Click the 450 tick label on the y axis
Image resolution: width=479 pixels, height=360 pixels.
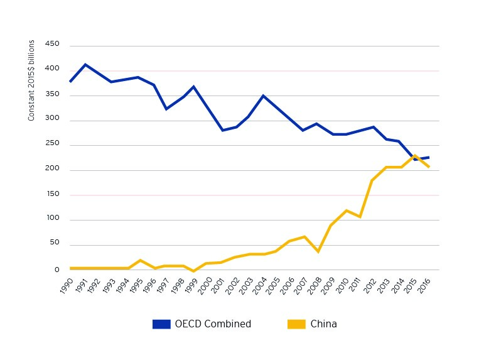(x=52, y=44)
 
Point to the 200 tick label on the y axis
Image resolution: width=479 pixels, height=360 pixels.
(x=52, y=168)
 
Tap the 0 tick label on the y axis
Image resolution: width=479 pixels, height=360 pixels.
(x=57, y=269)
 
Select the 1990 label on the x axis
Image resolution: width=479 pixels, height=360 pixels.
(x=65, y=285)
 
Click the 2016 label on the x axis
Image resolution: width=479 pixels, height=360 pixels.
(x=424, y=285)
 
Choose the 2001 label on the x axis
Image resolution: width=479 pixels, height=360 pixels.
(x=217, y=285)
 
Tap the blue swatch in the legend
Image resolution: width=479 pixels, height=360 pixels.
(x=161, y=324)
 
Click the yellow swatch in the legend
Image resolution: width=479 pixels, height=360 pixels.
(x=296, y=324)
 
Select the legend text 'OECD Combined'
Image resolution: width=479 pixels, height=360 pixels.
(x=213, y=324)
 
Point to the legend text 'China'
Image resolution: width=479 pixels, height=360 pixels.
(x=323, y=324)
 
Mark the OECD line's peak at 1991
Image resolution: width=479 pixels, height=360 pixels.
(x=85, y=64)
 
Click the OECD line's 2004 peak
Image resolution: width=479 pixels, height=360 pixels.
(x=264, y=95)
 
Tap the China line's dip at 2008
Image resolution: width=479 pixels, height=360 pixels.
(x=318, y=251)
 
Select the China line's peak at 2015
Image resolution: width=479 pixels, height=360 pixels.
(x=415, y=155)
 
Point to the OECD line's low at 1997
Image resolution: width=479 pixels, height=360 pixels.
(x=166, y=109)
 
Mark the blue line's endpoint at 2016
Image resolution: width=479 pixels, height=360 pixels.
(x=429, y=157)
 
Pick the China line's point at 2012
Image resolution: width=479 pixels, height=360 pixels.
(x=374, y=180)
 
